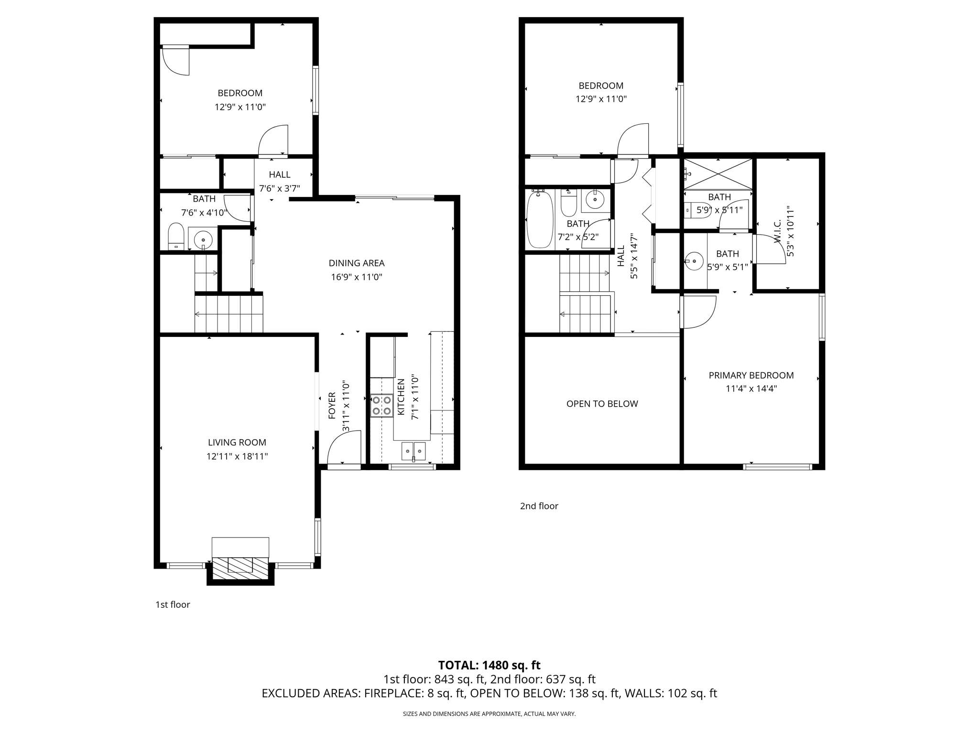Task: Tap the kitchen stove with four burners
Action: point(382,405)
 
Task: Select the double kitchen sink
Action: point(413,451)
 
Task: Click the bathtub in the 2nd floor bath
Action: point(540,219)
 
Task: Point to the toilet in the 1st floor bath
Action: point(176,236)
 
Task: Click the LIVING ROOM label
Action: point(237,443)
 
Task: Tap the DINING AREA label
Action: point(357,263)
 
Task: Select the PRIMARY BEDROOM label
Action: point(751,375)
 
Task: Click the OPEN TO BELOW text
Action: point(602,404)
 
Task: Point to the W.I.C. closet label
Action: point(777,231)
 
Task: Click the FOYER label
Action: point(332,406)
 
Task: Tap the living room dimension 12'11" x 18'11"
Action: point(237,456)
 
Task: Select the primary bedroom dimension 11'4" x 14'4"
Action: point(751,389)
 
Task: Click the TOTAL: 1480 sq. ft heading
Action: point(489,665)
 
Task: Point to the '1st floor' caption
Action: point(173,604)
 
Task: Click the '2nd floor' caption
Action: point(539,506)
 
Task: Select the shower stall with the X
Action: point(718,174)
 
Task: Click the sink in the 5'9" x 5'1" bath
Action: point(691,261)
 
